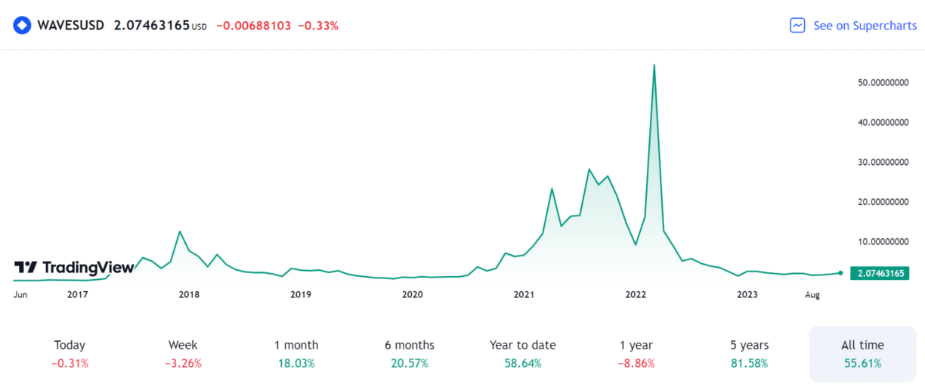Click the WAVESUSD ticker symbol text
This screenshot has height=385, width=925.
click(72, 26)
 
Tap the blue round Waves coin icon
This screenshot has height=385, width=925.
click(23, 26)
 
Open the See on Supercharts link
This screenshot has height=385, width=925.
click(852, 26)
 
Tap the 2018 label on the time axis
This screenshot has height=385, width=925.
click(189, 294)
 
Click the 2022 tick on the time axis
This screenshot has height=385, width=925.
click(636, 294)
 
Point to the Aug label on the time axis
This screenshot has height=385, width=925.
click(812, 294)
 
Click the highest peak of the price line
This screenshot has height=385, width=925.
click(654, 65)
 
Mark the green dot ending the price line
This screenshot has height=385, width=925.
click(840, 272)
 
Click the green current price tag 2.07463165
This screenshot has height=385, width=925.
click(880, 273)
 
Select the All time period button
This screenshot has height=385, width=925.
click(862, 353)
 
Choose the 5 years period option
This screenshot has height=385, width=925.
click(750, 353)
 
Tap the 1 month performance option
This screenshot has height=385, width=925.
click(296, 353)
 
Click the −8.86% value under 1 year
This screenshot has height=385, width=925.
click(636, 363)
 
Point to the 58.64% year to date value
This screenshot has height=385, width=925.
click(523, 363)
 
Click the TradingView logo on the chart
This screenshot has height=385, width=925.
click(74, 267)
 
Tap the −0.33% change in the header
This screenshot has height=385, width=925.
click(318, 26)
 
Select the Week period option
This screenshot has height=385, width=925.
click(183, 353)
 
